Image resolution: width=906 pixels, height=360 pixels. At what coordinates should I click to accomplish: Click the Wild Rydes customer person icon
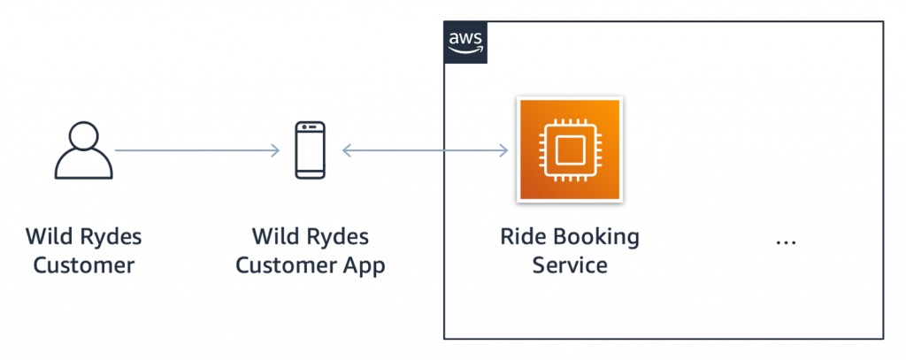click(84, 151)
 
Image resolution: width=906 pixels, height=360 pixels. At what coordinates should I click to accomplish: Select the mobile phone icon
click(310, 151)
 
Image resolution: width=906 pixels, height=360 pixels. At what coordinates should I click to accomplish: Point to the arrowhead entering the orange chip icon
click(504, 151)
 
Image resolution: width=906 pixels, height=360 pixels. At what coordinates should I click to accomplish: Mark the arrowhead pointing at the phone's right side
click(347, 151)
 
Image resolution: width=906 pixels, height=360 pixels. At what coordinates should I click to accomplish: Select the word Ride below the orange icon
click(521, 237)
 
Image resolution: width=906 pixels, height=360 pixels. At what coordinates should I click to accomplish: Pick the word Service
click(569, 264)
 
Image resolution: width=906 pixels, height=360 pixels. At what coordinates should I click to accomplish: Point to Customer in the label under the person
click(84, 264)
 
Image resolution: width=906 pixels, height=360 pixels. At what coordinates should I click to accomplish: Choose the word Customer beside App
click(286, 264)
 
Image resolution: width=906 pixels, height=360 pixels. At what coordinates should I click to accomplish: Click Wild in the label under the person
click(50, 237)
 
